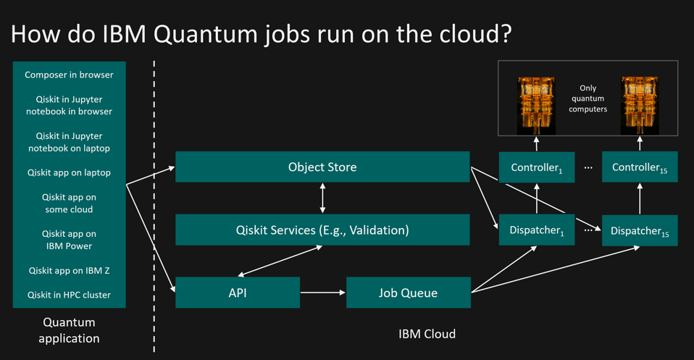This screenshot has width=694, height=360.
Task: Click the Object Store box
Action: click(322, 167)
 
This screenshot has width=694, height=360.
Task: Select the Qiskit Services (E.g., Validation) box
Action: click(322, 230)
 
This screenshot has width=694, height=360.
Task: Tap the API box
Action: click(237, 293)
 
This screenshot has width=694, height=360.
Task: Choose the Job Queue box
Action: click(408, 293)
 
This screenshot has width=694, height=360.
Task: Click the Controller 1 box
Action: click(536, 167)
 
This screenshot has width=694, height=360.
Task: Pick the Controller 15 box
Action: click(639, 167)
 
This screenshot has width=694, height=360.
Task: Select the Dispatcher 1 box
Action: click(536, 230)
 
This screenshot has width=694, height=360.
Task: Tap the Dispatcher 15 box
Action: click(639, 231)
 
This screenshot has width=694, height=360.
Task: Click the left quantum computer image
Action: click(536, 106)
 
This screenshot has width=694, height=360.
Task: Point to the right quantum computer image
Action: click(639, 106)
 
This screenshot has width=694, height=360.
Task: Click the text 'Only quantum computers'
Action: click(588, 99)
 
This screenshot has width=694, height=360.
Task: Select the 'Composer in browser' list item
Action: click(69, 75)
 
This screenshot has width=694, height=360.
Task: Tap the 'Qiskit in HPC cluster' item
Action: click(69, 295)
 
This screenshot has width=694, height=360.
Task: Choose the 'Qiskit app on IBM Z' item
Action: click(69, 271)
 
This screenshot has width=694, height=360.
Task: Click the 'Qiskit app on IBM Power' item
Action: click(69, 240)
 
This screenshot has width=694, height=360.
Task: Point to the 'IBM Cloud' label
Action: click(427, 334)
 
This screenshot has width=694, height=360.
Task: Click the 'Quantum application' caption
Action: click(69, 330)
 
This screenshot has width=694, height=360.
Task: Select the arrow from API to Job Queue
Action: click(322, 293)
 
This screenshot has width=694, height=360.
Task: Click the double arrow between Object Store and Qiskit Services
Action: click(322, 198)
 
